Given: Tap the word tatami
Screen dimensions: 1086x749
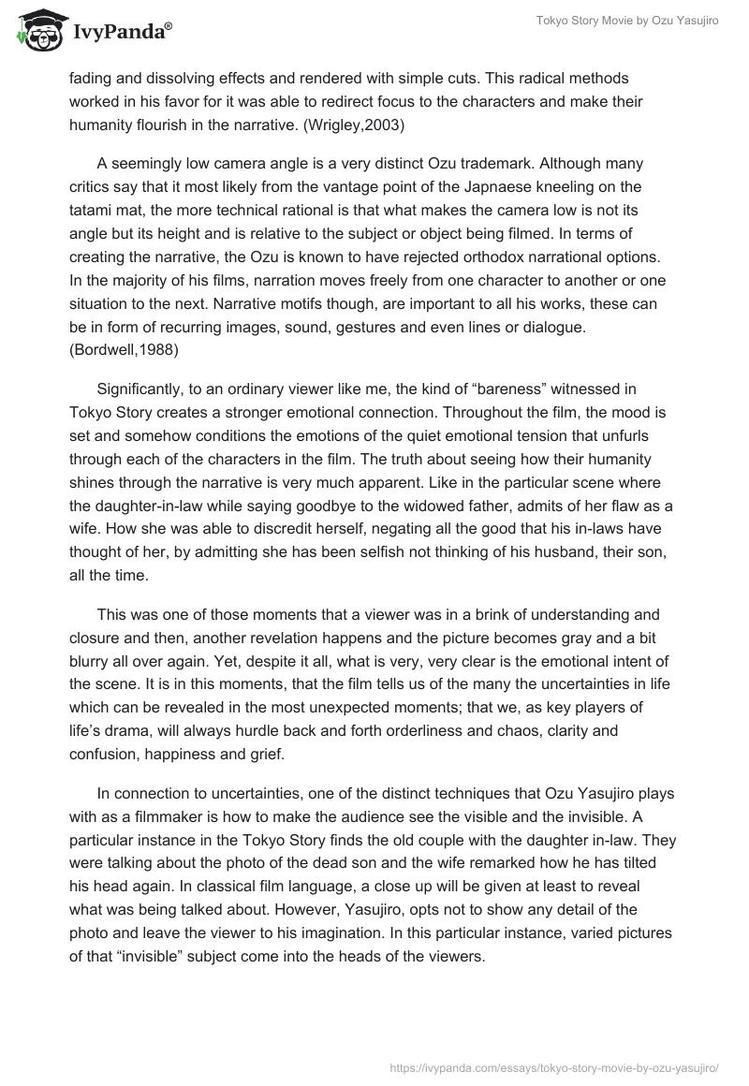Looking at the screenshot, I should coord(92,211).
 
